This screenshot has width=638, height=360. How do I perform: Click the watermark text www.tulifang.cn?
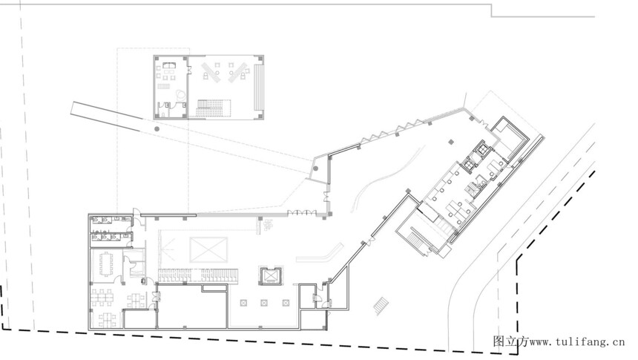point(576,341)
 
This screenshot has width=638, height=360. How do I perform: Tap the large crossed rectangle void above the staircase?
point(208,249)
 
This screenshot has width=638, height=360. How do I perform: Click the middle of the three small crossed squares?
point(264,303)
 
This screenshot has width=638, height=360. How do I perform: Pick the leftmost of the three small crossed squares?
point(243,303)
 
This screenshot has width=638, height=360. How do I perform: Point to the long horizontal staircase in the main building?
point(198,275)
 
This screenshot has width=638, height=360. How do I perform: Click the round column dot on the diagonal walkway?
point(157,129)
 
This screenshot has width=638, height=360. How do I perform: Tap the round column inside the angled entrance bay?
point(315,168)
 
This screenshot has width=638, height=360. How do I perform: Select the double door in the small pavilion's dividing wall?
point(189,70)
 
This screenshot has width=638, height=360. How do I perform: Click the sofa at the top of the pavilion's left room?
point(169,65)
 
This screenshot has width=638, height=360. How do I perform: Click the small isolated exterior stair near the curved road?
point(381,305)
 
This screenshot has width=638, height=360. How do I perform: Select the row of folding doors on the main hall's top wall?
point(302,212)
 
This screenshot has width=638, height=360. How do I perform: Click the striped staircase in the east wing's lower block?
point(416,241)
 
